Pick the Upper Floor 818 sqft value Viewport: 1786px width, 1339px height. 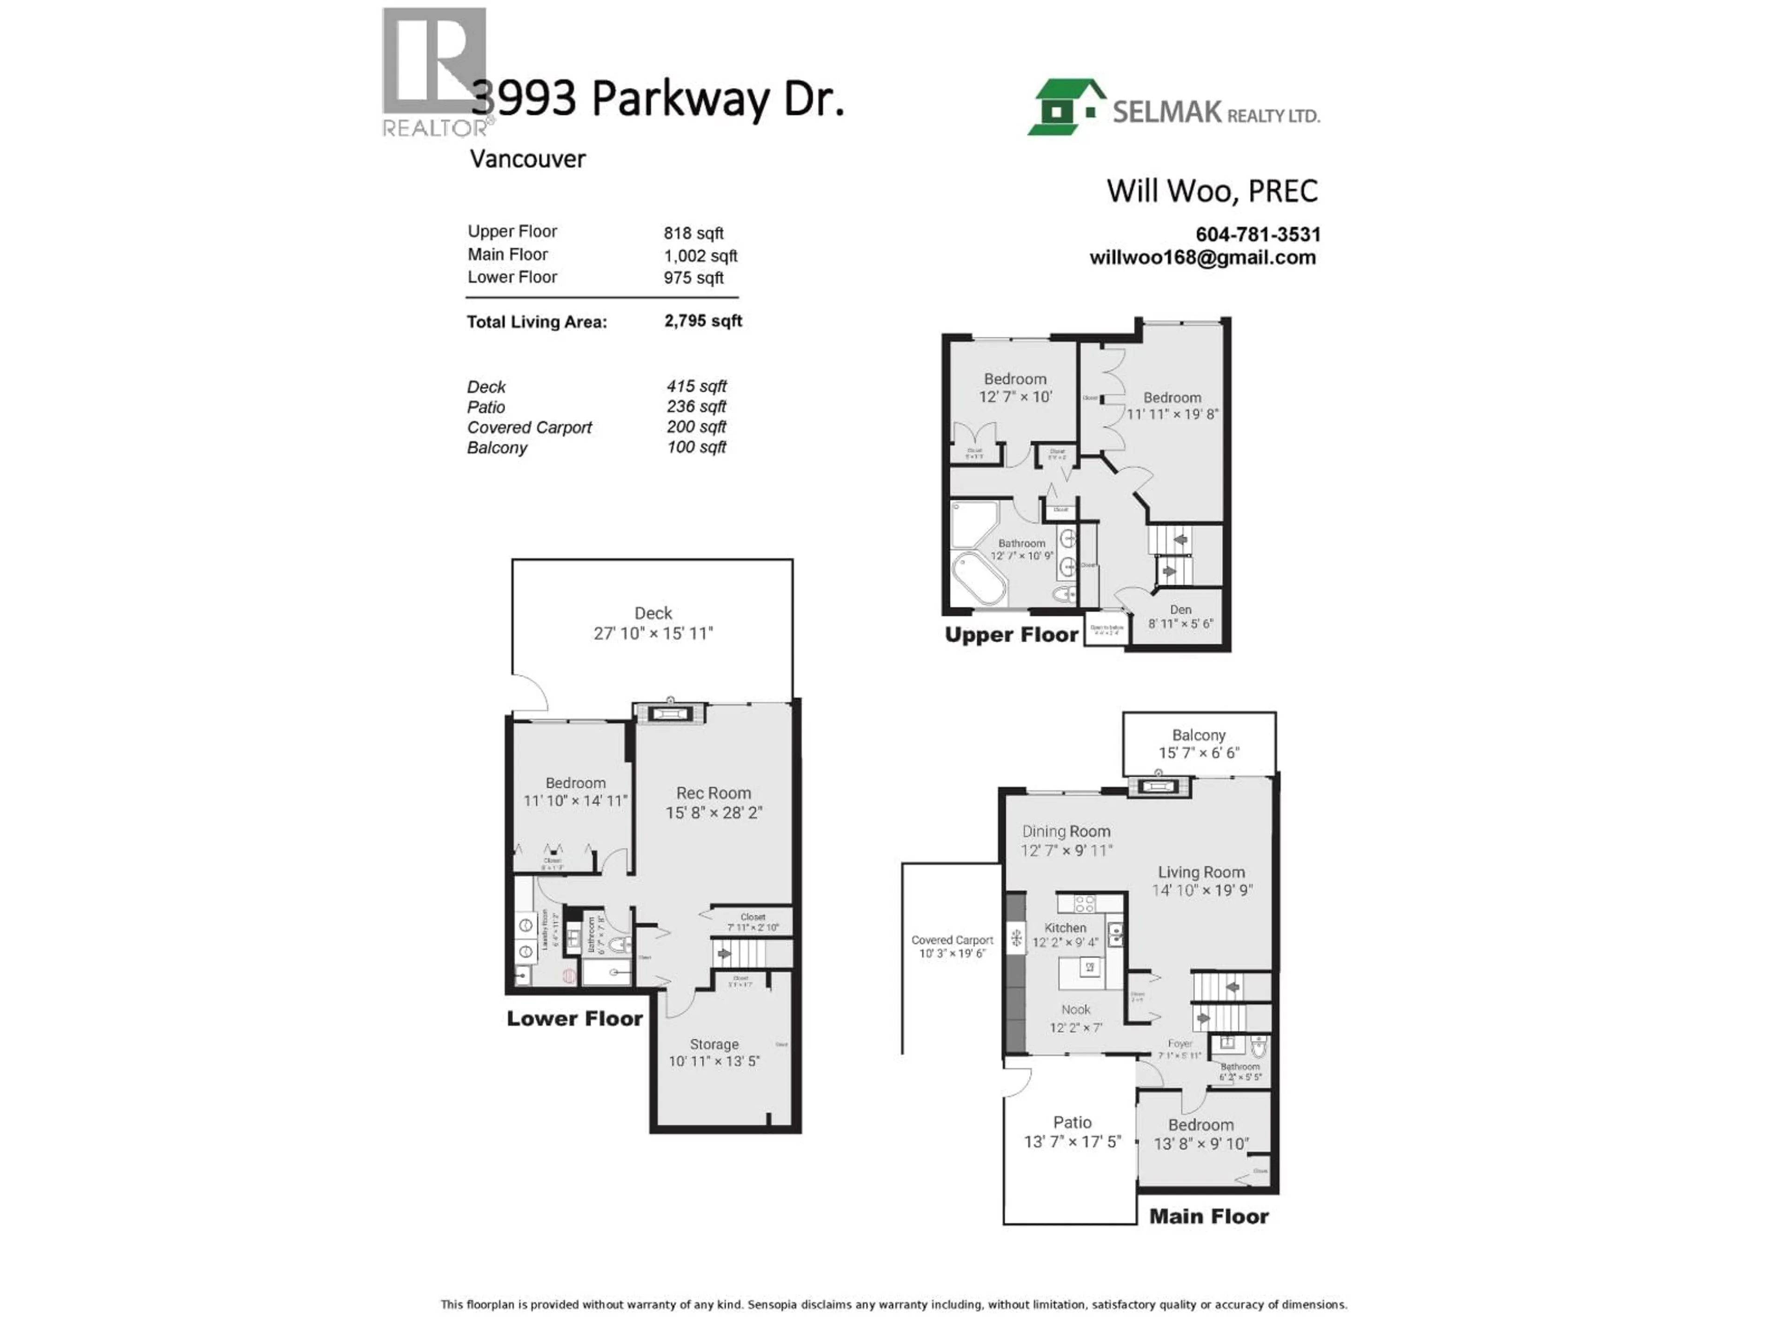(693, 233)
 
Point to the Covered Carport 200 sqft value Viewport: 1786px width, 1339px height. (696, 426)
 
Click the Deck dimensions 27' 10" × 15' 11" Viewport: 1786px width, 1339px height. (653, 634)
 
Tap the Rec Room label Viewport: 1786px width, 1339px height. (713, 793)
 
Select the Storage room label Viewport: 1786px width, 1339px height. (714, 1044)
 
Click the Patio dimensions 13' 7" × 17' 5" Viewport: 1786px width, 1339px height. (1072, 1141)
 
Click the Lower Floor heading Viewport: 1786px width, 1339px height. (574, 1019)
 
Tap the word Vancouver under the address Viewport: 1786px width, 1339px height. (527, 159)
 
